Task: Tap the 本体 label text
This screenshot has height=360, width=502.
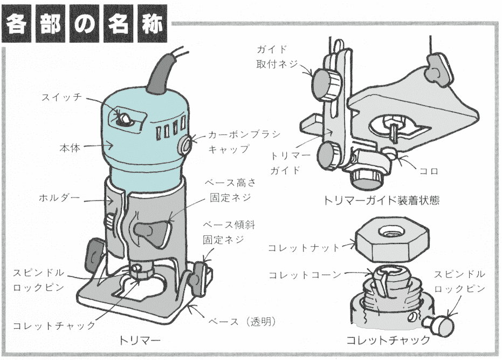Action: tap(70, 147)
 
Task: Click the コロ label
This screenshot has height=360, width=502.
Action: tap(429, 171)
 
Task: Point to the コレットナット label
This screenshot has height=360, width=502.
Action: tap(305, 248)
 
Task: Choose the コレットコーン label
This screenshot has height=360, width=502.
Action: tap(305, 275)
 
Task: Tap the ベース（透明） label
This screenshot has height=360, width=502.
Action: tap(242, 322)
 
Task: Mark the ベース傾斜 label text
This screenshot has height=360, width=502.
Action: tap(224, 225)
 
